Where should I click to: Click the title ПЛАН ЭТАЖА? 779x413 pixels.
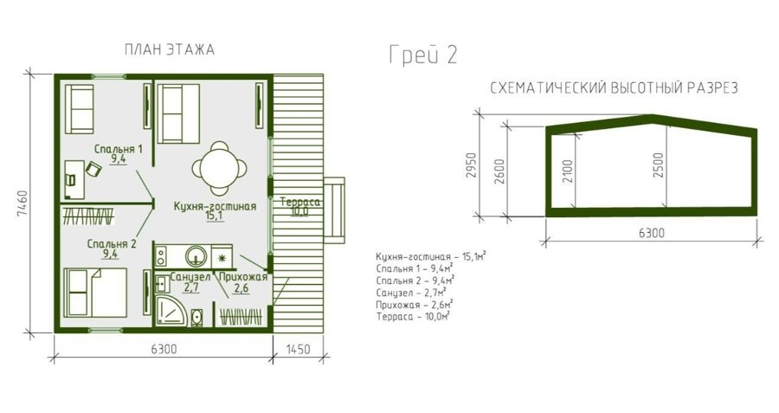[x=170, y=50]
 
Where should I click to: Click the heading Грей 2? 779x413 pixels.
[x=422, y=55]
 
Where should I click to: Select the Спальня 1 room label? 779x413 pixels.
[x=119, y=149]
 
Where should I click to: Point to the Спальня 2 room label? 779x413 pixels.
[x=112, y=244]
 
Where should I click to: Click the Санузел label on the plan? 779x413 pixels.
[x=190, y=277]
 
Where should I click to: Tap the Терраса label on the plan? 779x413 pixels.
[x=300, y=203]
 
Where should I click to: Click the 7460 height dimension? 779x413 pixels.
[x=22, y=203]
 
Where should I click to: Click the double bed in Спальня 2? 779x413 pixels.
[x=97, y=293]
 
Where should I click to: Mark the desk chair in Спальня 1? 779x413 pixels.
[x=93, y=169]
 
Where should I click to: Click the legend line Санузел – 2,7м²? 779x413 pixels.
[x=410, y=293]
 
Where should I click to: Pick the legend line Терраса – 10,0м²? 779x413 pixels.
[x=413, y=317]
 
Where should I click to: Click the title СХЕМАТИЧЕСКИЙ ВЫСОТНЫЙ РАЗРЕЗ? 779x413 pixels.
[x=615, y=88]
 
